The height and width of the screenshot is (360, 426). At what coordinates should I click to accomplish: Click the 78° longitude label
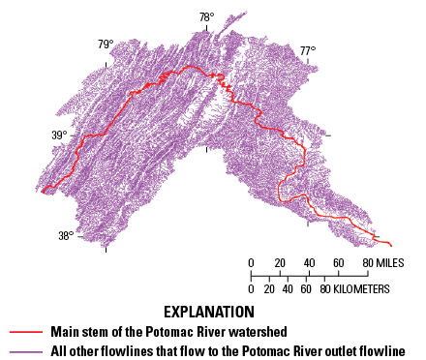pyautogui.click(x=206, y=17)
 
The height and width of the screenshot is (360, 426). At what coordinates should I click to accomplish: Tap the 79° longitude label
pyautogui.click(x=106, y=44)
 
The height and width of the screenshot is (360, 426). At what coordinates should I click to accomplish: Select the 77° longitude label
pyautogui.click(x=307, y=51)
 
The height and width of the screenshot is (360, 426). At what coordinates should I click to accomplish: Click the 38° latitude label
pyautogui.click(x=65, y=235)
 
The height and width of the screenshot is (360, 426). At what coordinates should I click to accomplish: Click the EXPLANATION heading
pyautogui.click(x=209, y=312)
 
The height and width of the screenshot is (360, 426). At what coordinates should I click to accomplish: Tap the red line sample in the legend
pyautogui.click(x=24, y=332)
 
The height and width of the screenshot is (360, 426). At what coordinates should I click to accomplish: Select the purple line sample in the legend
pyautogui.click(x=24, y=350)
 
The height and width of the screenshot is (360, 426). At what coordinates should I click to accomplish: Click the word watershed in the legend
pyautogui.click(x=259, y=332)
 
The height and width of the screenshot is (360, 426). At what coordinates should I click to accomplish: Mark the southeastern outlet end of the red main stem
pyautogui.click(x=390, y=244)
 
